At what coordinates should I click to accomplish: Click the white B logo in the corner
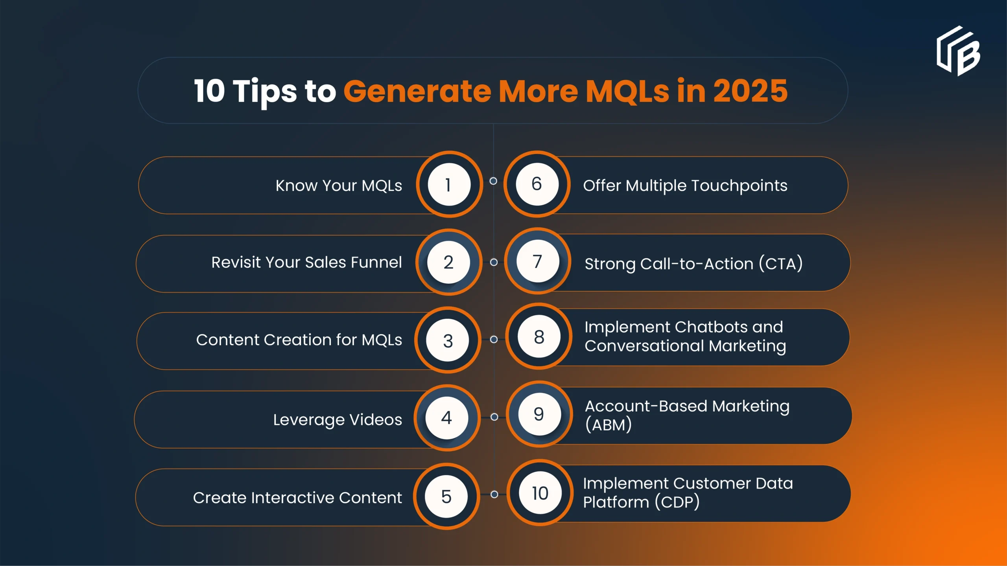(959, 51)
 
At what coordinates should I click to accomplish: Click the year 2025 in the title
(750, 91)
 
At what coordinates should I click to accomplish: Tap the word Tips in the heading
(265, 92)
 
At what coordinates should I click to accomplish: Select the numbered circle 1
(449, 184)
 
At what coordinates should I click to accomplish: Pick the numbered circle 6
(537, 184)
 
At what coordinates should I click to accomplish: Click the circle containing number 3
(448, 340)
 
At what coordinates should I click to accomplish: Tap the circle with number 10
(540, 492)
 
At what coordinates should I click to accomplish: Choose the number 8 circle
(539, 336)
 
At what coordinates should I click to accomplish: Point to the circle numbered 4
(447, 417)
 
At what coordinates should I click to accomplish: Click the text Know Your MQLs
(339, 186)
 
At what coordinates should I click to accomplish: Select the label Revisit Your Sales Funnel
(306, 262)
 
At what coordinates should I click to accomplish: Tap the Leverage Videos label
(338, 420)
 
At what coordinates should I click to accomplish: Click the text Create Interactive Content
(297, 498)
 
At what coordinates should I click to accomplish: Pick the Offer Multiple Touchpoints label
(685, 186)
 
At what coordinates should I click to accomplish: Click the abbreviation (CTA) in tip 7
(781, 263)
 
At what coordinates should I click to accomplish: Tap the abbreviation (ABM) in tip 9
(609, 425)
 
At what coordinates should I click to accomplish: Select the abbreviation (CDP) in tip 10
(677, 502)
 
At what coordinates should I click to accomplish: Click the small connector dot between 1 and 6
(493, 181)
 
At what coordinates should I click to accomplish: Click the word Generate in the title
(417, 91)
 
